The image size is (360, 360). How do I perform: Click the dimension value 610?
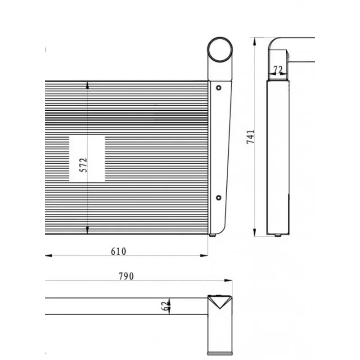coord(118,252)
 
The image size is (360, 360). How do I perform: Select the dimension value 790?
coord(126,276)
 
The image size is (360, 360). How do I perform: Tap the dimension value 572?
coord(83,165)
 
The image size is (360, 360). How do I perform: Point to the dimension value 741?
coord(251,137)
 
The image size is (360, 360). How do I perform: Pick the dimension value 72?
coord(278,69)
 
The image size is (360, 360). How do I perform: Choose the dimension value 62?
coord(165,306)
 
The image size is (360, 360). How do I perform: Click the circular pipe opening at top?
coord(220,49)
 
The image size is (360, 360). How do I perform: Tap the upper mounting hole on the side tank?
coord(219,88)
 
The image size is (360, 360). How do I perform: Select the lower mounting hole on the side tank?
coord(219,198)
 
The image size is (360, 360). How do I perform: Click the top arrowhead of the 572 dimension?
coord(87,85)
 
